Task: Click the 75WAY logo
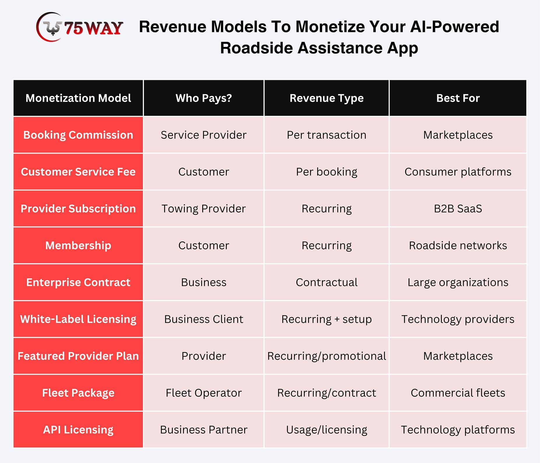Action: pos(79,27)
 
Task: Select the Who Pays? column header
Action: pos(204,98)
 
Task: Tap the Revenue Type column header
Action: pos(326,98)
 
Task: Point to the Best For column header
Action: pos(458,98)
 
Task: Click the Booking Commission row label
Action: pos(78,135)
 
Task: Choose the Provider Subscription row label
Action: pos(78,208)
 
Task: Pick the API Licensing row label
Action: pos(78,430)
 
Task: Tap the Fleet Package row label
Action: pos(78,393)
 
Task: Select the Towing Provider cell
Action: pos(204,208)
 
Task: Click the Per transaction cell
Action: pos(326,135)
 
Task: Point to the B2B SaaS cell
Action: pos(458,208)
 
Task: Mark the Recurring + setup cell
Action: pos(326,319)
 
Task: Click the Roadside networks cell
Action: pos(458,245)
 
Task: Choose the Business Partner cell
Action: pos(204,430)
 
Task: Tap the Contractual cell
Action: pos(326,282)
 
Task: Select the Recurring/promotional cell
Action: pos(326,356)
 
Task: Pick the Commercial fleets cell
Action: pos(458,393)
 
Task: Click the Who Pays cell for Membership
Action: pos(204,245)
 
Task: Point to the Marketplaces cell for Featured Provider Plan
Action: pos(458,356)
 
